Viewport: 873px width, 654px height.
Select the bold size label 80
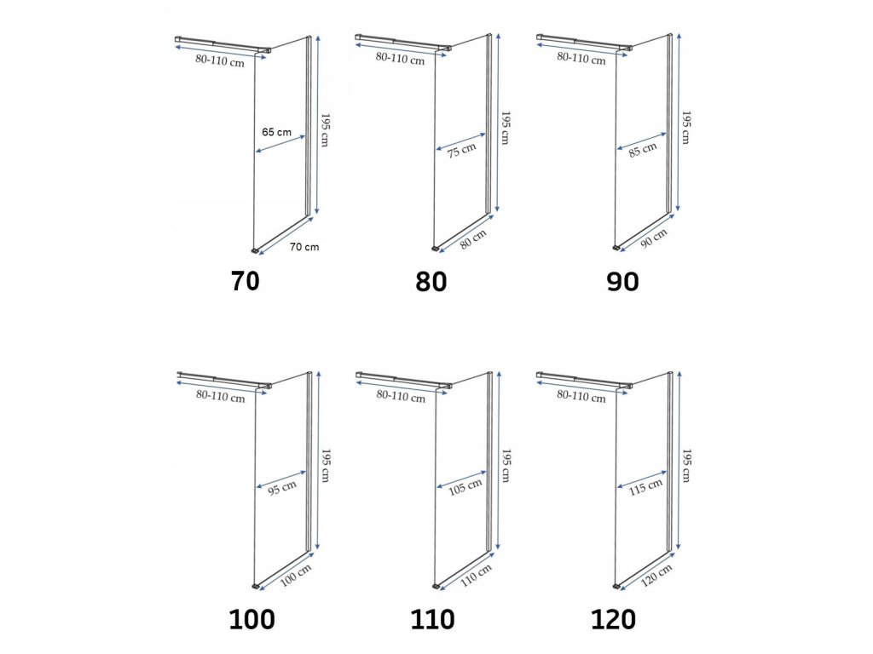point(431,281)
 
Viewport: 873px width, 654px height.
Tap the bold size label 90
point(622,281)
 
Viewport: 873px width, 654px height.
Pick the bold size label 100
point(251,619)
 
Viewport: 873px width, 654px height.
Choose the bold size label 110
point(432,619)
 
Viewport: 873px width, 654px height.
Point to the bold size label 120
point(613,619)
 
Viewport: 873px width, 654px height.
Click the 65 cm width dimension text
point(277,132)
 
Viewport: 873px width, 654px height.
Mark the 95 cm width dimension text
point(283,486)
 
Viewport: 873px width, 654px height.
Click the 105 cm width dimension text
point(465,488)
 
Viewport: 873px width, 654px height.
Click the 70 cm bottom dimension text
point(304,247)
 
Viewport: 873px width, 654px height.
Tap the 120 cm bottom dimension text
point(656,575)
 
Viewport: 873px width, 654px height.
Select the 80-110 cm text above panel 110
point(401,396)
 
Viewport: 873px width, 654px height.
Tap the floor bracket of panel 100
point(257,587)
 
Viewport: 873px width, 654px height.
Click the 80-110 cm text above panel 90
point(581,59)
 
